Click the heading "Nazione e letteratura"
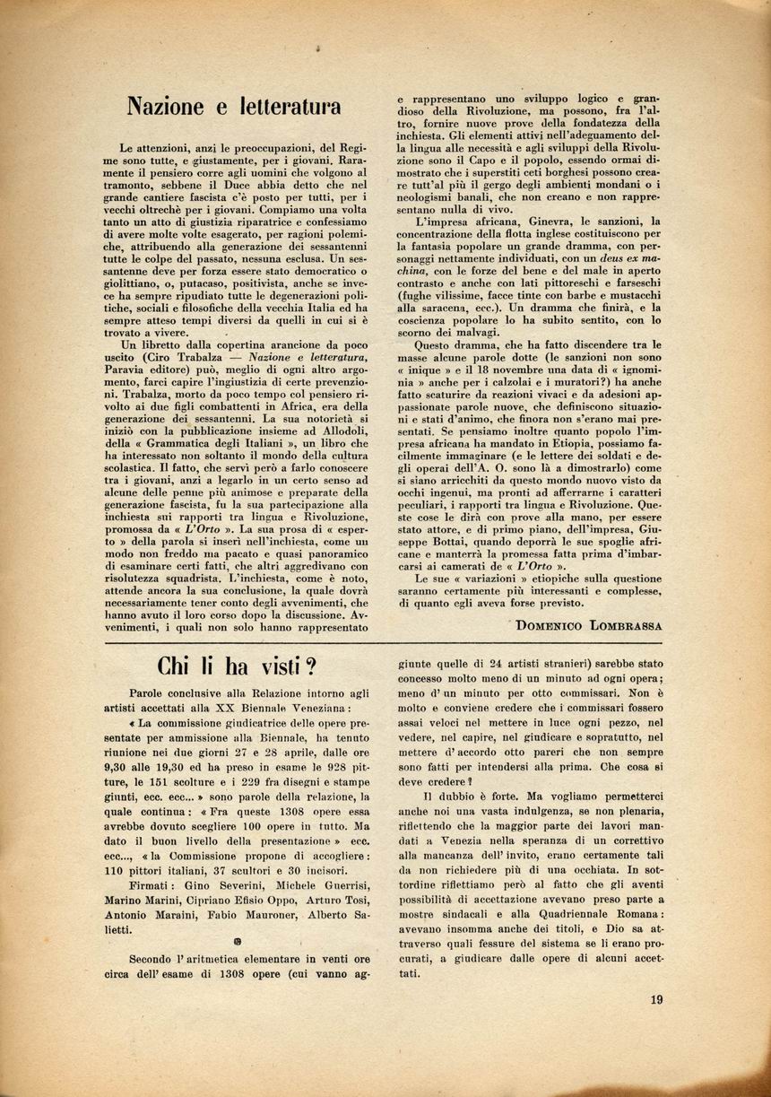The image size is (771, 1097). [x=233, y=107]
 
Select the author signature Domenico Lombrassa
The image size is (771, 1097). [x=588, y=625]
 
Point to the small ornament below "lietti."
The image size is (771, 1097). [x=238, y=943]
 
